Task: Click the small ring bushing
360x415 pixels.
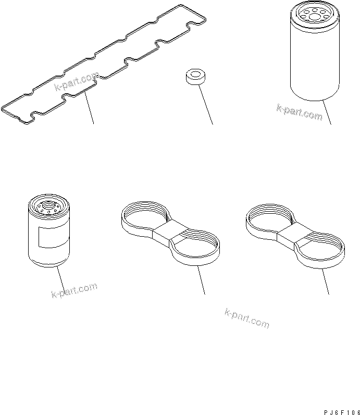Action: pos(196,77)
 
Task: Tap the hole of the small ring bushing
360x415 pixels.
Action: pos(196,74)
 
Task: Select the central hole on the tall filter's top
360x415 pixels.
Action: pos(315,17)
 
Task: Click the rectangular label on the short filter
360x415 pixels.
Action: pos(53,237)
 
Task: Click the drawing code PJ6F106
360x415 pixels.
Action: pos(342,412)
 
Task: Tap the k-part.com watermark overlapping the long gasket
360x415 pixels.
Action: pos(77,81)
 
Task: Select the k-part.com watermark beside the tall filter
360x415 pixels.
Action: pos(300,112)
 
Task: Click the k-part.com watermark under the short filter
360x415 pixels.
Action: pos(75,290)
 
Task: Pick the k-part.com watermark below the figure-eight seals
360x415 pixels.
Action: pos(247,319)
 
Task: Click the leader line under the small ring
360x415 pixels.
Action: pos(205,105)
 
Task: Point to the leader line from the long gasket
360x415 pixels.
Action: pos(89,108)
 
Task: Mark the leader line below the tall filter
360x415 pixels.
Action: pos(327,112)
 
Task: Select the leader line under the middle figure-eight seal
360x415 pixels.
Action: pos(201,280)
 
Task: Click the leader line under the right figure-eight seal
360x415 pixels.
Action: pos(325,282)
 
